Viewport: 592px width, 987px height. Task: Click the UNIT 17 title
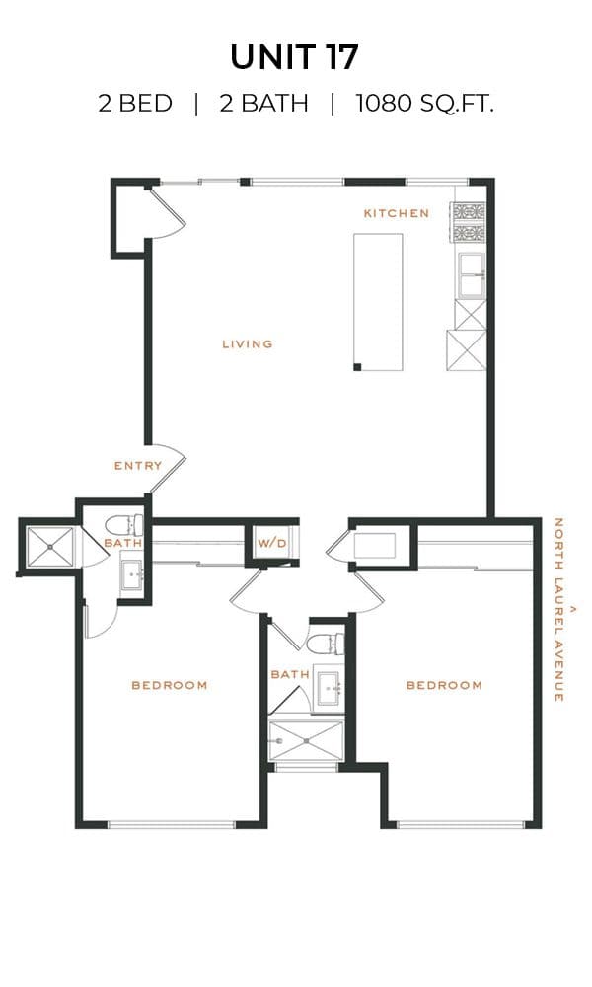coord(294,57)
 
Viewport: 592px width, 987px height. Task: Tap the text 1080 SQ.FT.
coord(424,103)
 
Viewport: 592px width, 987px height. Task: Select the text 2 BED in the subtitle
coord(135,103)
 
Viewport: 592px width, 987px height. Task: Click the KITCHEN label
coord(397,213)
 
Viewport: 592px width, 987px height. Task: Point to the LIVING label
coord(248,343)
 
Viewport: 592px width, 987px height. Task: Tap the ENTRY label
coord(138,466)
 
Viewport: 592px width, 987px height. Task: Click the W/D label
coord(271,543)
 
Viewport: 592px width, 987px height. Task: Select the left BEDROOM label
coord(170,685)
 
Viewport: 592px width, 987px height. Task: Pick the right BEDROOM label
coord(444,685)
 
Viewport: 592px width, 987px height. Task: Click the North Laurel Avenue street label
coord(558,609)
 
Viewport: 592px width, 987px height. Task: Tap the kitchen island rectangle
coord(378,302)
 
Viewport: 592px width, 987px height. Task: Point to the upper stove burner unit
coord(469,211)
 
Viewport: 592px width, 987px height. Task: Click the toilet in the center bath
coord(326,644)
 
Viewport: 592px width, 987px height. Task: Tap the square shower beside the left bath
coord(49,547)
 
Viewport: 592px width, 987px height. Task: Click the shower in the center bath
coord(306,741)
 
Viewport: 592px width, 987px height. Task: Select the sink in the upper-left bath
coord(133,574)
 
